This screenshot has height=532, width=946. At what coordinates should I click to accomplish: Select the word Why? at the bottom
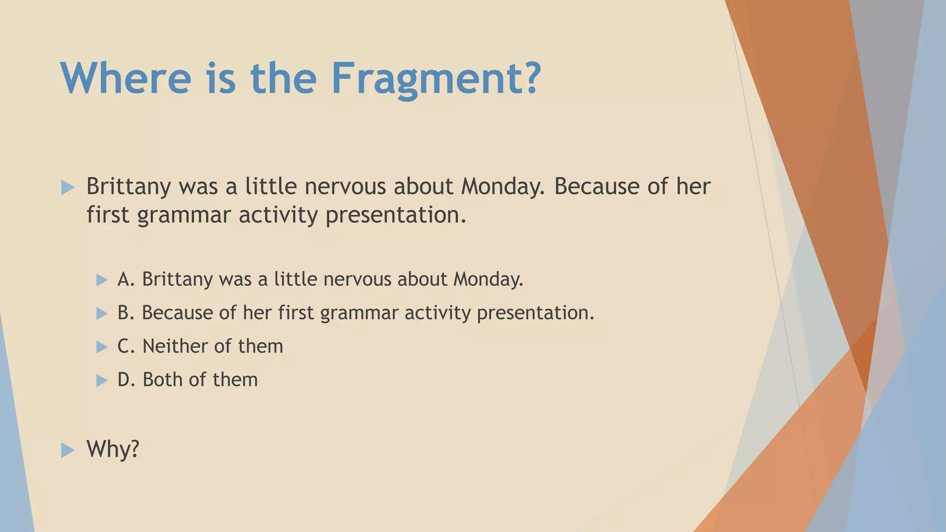[x=113, y=449]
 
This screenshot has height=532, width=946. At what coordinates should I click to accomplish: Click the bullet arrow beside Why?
[x=67, y=450]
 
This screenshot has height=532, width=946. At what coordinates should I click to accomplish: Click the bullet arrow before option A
[x=102, y=280]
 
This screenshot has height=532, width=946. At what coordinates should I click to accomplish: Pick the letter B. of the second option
[x=126, y=313]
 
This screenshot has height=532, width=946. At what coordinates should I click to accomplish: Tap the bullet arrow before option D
[x=102, y=381]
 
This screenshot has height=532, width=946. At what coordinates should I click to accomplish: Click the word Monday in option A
[x=488, y=279]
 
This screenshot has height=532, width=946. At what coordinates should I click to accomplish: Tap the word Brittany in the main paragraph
[x=128, y=187]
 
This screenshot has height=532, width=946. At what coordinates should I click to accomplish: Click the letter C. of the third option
[x=126, y=346]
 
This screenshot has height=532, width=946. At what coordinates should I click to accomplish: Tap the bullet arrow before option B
[x=102, y=314]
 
